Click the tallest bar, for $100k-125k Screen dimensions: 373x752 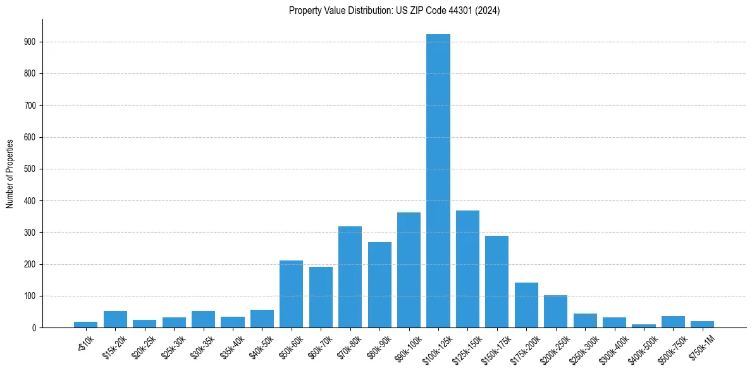point(438,181)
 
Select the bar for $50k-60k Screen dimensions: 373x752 point(291,294)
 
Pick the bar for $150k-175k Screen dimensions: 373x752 point(496,281)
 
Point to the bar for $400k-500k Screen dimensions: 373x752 point(644,326)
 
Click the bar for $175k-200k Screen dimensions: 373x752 point(526,305)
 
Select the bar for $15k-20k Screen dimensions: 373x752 point(115,319)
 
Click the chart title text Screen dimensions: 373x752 point(394,11)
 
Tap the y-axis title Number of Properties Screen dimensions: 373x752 point(10,174)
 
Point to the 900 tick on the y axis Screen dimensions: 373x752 point(32,42)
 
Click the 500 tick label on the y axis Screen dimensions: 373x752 point(32,169)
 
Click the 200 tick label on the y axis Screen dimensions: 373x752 point(32,264)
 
